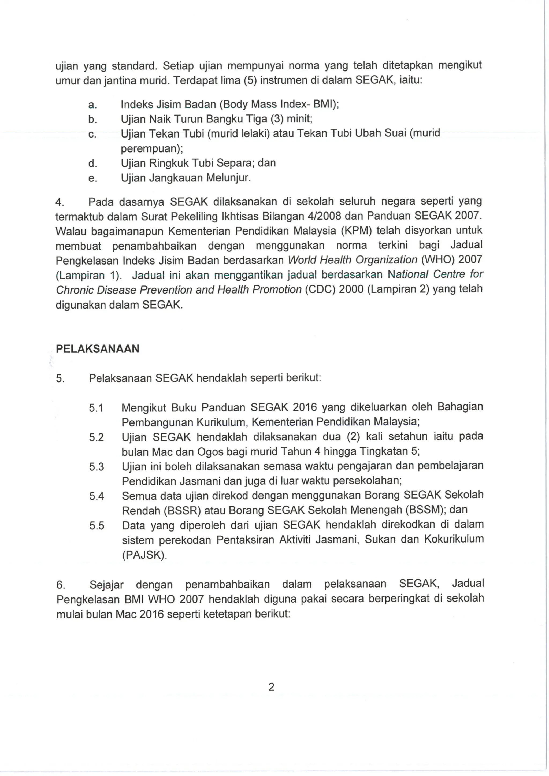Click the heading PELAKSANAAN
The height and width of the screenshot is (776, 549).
[97, 349]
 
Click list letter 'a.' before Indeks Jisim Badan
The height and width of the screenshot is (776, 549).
[92, 105]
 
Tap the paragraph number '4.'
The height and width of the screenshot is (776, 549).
[60, 202]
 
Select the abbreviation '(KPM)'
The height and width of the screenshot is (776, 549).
[356, 231]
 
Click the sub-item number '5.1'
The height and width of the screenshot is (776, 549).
[96, 408]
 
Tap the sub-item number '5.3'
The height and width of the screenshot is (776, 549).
[96, 467]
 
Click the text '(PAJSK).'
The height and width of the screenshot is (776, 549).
[144, 555]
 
